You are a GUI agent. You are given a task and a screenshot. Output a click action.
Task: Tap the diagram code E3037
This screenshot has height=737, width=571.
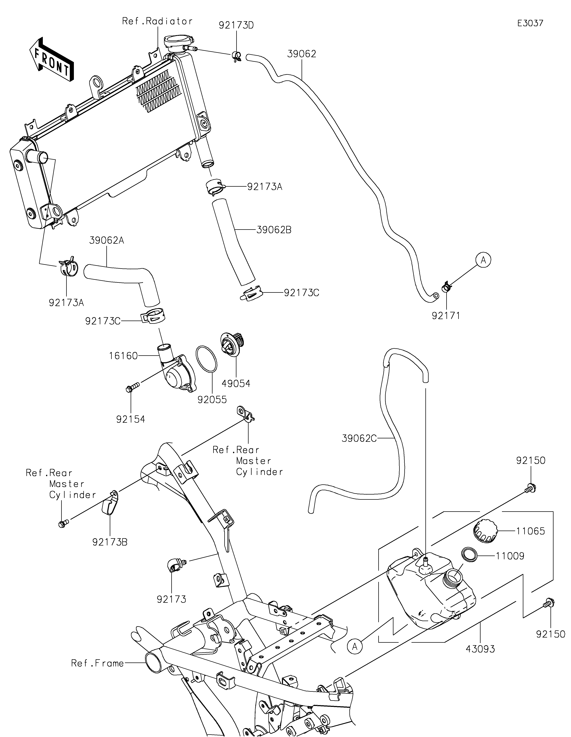(x=530, y=23)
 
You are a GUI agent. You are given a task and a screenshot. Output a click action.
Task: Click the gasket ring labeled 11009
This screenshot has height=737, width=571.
(x=469, y=555)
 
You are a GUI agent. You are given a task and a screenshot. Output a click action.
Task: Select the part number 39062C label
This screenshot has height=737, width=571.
(x=359, y=438)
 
